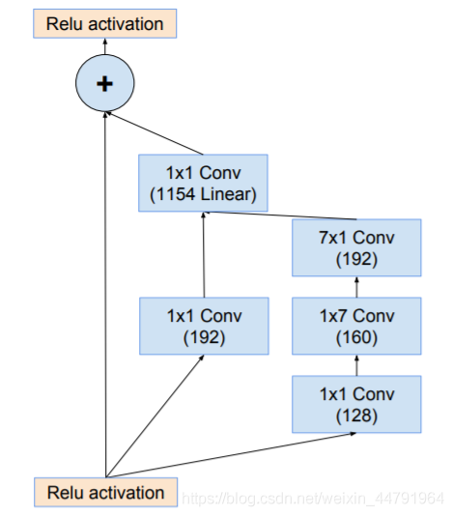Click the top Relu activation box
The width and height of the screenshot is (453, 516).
[105, 24]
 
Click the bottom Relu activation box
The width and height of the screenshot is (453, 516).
[105, 492]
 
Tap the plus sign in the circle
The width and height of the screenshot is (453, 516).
[104, 84]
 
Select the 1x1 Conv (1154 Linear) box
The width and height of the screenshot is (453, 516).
[203, 183]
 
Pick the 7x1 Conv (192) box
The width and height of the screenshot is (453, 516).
[356, 247]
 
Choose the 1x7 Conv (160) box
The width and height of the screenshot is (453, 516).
[356, 326]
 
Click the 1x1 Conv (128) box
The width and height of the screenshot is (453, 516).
[356, 404]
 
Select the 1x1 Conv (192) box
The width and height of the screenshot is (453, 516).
[204, 326]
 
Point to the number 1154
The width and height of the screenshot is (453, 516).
[176, 194]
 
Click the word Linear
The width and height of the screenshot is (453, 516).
[225, 194]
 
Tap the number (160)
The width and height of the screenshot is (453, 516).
[356, 337]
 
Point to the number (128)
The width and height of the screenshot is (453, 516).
[356, 416]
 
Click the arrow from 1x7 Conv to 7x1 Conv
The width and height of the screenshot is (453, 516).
[357, 287]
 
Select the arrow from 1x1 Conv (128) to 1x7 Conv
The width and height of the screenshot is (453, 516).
[357, 365]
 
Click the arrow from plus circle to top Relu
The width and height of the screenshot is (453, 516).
[105, 46]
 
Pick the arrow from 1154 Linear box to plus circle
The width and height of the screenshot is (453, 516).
[155, 133]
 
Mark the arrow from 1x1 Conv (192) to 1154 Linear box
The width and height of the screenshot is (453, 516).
[204, 255]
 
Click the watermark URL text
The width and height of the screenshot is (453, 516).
[313, 499]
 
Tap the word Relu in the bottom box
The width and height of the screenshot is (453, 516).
[65, 493]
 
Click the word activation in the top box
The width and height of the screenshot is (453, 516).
[126, 24]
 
